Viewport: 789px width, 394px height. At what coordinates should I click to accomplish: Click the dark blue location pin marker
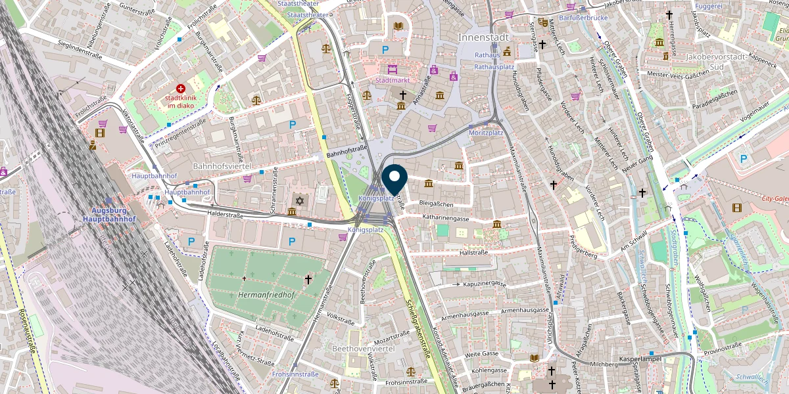tap(394, 179)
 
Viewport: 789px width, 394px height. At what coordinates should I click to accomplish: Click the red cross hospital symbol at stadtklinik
tap(181, 88)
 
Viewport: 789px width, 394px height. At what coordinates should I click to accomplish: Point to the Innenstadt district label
tap(485, 38)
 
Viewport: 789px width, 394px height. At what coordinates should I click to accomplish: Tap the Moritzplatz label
tap(485, 133)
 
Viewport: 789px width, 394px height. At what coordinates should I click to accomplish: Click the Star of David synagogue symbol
tap(300, 200)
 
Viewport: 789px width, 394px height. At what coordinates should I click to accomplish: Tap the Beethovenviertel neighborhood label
tap(363, 348)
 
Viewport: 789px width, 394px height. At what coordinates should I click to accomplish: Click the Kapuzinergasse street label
tap(484, 284)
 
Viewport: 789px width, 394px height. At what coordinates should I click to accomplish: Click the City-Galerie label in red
tap(775, 198)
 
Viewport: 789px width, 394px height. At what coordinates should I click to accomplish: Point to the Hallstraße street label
tap(473, 252)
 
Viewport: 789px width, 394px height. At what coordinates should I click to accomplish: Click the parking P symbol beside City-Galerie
tap(744, 158)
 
